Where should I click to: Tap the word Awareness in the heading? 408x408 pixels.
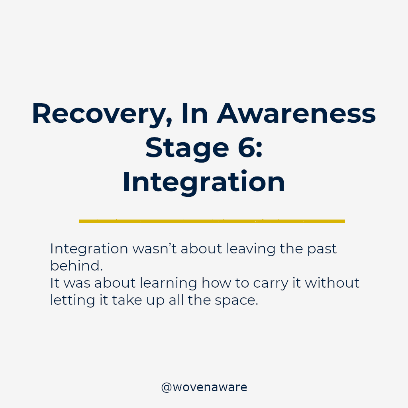point(296,114)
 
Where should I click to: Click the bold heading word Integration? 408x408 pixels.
point(204,182)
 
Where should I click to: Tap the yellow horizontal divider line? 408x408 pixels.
point(212,221)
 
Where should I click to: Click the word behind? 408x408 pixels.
point(76,266)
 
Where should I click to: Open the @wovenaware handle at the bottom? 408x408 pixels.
point(204,387)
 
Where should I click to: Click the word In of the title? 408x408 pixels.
point(194,114)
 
